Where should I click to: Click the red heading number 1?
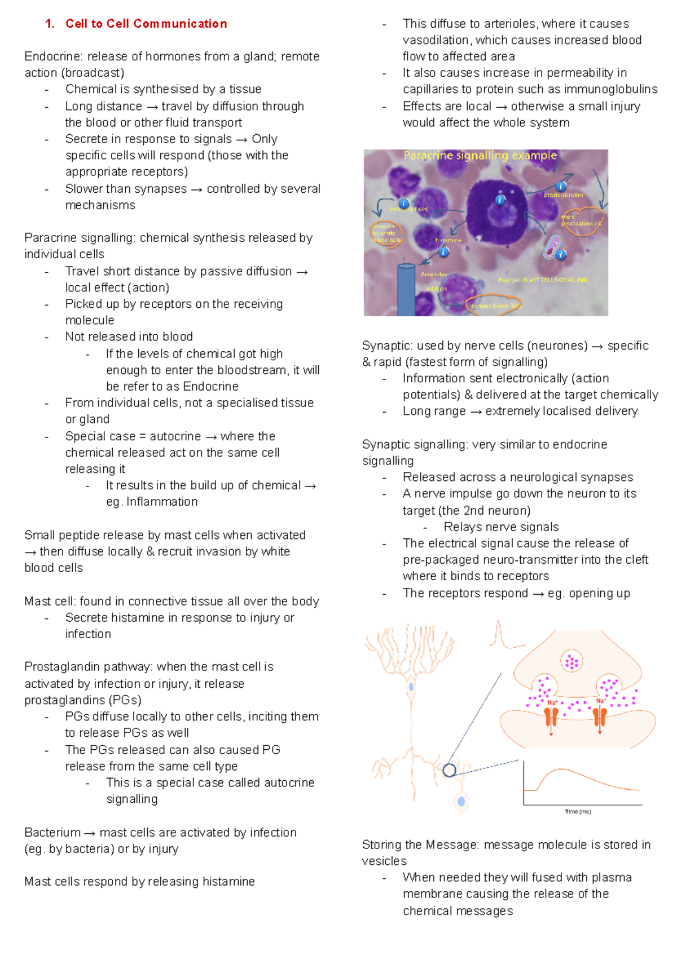[x=50, y=24]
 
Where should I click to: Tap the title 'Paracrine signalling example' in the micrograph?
[x=480, y=156]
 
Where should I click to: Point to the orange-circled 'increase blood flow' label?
[x=493, y=306]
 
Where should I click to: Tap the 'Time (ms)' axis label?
[x=578, y=812]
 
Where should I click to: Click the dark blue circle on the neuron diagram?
[x=449, y=770]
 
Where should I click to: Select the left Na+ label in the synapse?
[x=552, y=703]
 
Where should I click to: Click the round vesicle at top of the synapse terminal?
[x=572, y=662]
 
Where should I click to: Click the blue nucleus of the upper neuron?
[x=411, y=687]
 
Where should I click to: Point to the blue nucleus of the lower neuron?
[x=461, y=801]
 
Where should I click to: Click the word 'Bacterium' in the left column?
[x=52, y=833]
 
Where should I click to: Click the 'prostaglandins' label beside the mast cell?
[x=563, y=195]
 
